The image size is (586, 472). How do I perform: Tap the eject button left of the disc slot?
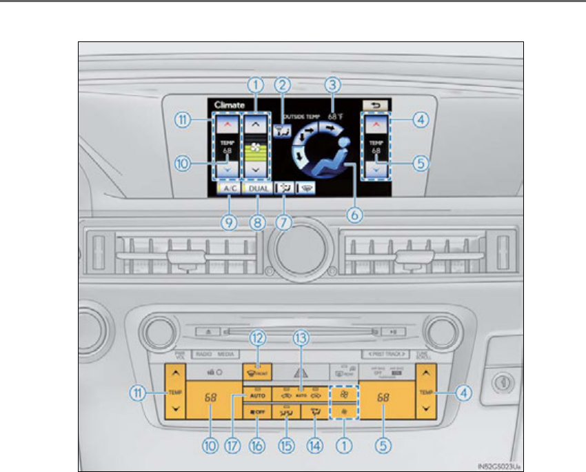(x=208, y=331)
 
